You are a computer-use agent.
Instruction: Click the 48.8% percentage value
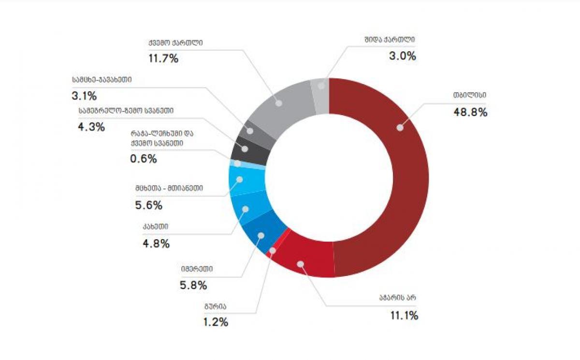pos(470,112)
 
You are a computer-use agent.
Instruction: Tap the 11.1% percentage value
pos(404,316)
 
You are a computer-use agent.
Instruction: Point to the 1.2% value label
pos(215,322)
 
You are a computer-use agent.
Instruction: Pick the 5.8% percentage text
pos(193,285)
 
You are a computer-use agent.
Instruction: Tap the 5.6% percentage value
pos(149,205)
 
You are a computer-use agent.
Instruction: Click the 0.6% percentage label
pos(144,159)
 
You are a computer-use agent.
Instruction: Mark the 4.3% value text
pos(91,128)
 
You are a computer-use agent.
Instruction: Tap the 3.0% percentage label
pos(403,56)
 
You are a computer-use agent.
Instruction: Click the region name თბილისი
pos(469,95)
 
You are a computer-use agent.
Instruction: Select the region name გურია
pos(215,306)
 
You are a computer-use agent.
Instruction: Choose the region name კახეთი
pos(155,226)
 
